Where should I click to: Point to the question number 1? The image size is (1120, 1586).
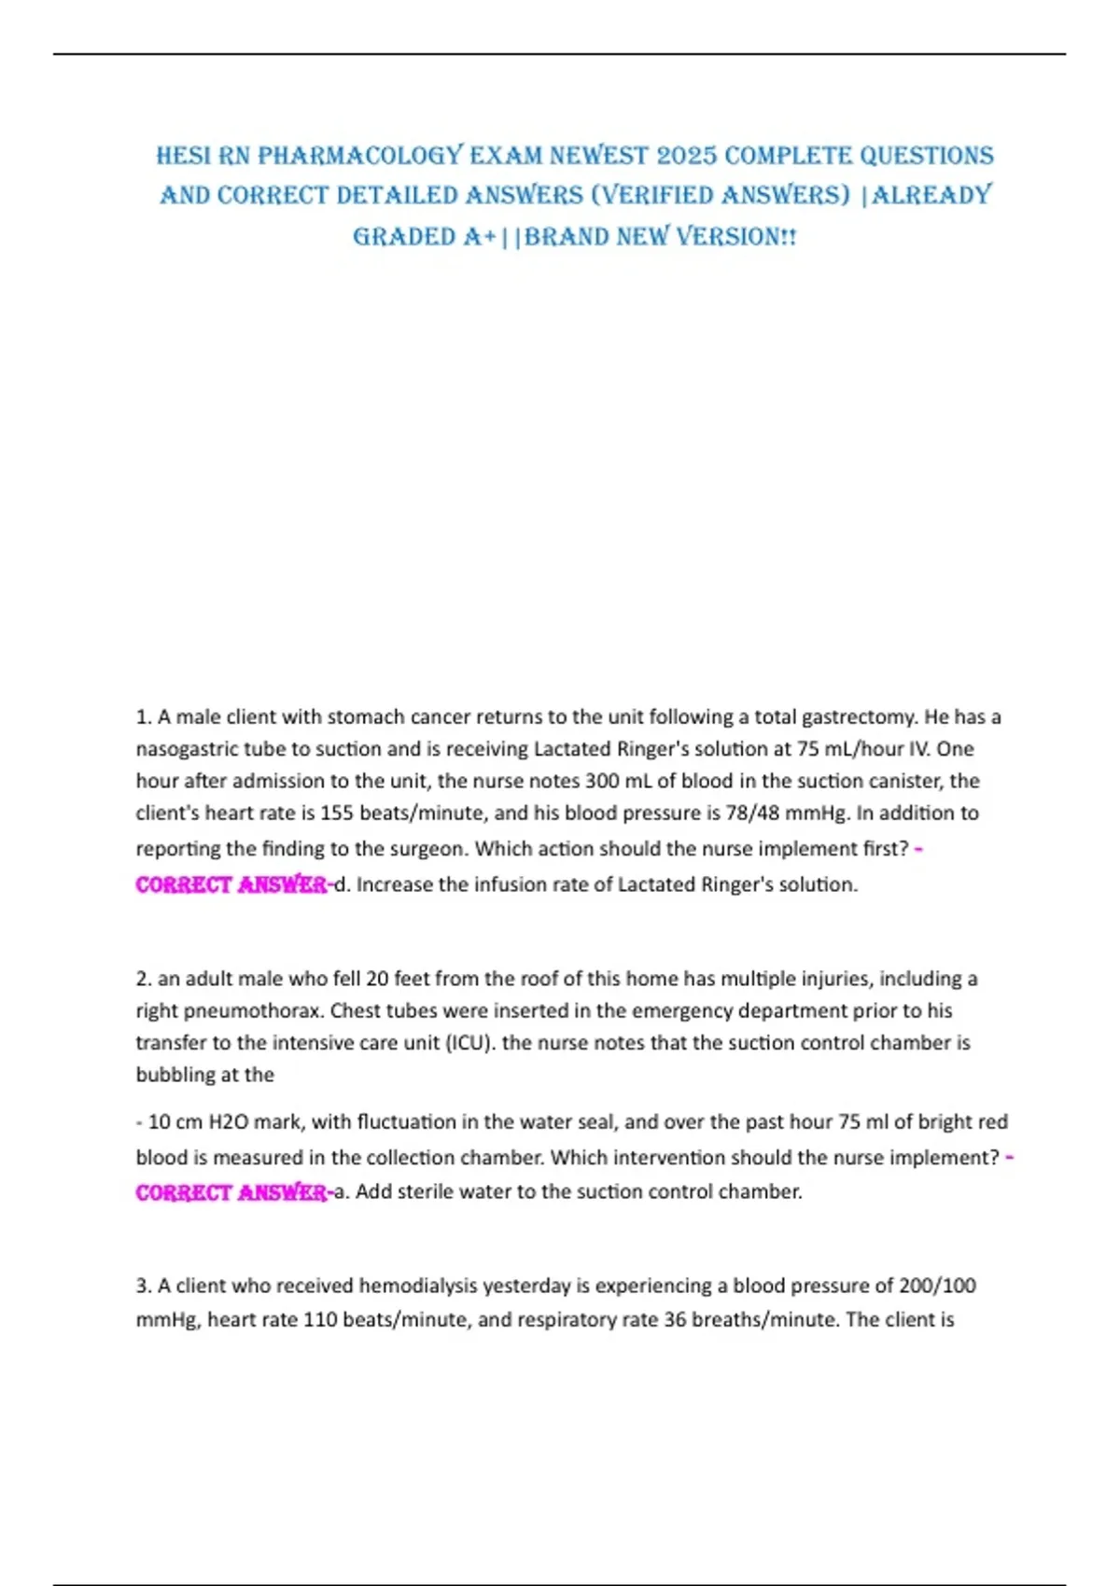pos(143,717)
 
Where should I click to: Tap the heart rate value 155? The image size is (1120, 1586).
pos(337,813)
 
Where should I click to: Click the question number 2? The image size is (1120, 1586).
pos(143,979)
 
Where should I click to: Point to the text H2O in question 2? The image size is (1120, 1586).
pos(222,1121)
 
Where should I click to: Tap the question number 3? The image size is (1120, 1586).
pos(143,1286)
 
